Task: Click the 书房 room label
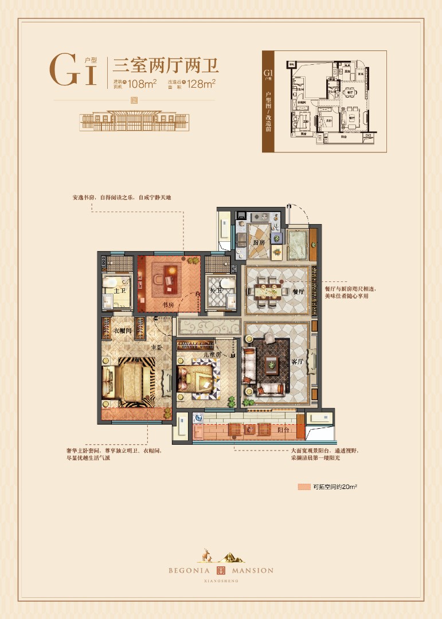pos(168,305)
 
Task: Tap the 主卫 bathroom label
pos(120,291)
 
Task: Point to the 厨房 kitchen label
pos(259,242)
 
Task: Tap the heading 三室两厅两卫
pos(167,64)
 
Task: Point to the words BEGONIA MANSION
pos(221,570)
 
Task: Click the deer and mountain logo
pos(221,554)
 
